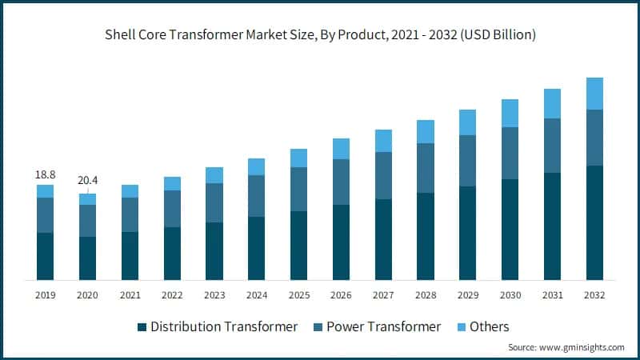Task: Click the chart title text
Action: [x=320, y=36]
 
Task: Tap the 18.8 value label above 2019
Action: [x=45, y=174]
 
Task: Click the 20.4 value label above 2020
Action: [x=87, y=182]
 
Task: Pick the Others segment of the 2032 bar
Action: [x=594, y=94]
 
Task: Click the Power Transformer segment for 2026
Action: [x=341, y=182]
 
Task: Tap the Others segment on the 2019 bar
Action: [x=45, y=191]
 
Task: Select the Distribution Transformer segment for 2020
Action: [x=87, y=258]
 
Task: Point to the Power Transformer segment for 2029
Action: [x=467, y=160]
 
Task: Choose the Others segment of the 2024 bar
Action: [x=256, y=166]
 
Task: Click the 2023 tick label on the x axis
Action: [x=214, y=295]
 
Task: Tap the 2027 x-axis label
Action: [x=383, y=295]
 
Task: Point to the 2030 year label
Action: [x=510, y=295]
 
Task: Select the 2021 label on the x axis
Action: [x=130, y=295]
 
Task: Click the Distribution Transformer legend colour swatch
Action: [x=142, y=327]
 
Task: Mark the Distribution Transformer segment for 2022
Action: [x=172, y=253]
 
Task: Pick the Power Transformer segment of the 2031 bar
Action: [x=552, y=146]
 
